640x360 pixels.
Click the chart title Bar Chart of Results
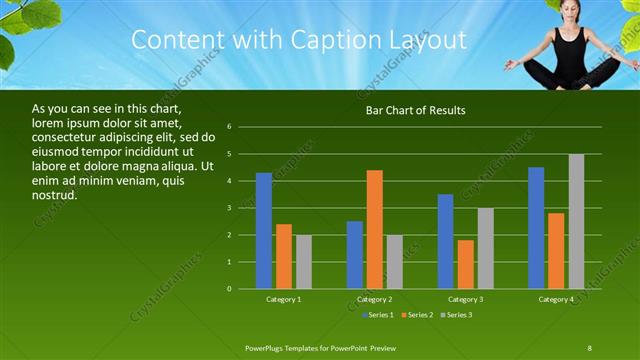coord(415,110)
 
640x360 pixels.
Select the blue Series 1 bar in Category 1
coord(264,231)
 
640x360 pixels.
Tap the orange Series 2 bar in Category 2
coord(375,230)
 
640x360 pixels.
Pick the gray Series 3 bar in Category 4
coord(577,221)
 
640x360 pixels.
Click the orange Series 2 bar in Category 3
coord(466,264)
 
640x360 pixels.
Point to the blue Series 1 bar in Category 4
coord(536,228)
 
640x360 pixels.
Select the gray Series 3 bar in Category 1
coord(304,262)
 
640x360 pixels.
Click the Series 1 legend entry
coord(377,315)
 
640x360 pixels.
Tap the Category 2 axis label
coord(375,299)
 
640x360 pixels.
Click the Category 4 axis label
coord(556,299)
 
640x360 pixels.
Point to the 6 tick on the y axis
coord(230,127)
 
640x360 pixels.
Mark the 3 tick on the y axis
coord(230,208)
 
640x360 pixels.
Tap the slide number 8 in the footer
coord(590,346)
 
